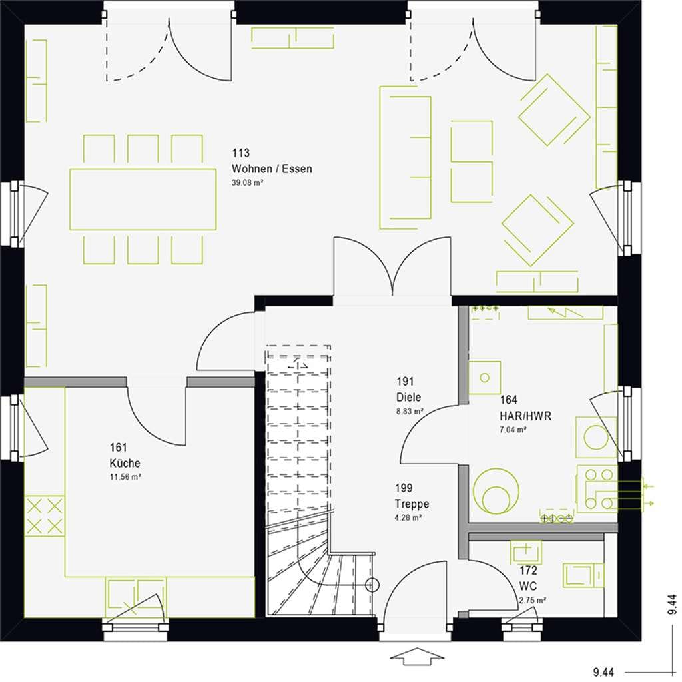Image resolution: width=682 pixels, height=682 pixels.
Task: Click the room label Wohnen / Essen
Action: click(272, 169)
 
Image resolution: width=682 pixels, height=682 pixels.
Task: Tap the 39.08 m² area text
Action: click(248, 183)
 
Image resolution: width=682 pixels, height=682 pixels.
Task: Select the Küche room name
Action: click(125, 463)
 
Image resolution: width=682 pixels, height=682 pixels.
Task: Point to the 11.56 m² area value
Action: click(125, 477)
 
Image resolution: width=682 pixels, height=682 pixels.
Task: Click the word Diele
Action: click(408, 397)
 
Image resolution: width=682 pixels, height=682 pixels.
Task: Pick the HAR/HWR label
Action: click(525, 416)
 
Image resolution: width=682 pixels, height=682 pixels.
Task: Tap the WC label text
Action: click(528, 586)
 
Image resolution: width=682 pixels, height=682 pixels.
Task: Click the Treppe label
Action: click(412, 504)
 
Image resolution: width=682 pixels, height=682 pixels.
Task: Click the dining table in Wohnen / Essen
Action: click(143, 199)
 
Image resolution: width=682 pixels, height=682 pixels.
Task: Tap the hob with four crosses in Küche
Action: click(45, 516)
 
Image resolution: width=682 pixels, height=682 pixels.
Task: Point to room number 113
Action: click(240, 153)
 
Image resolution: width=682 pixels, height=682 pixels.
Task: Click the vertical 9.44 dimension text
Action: click(672, 604)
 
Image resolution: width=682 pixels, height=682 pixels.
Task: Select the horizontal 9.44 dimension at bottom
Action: click(603, 673)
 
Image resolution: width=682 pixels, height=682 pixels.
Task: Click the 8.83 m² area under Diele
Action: click(410, 411)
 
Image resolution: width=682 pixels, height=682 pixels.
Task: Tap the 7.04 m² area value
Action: click(513, 430)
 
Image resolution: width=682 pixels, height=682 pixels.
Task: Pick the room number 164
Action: click(508, 400)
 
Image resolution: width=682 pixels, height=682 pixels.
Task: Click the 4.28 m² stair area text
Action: click(408, 517)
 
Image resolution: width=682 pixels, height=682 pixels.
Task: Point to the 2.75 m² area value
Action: click(533, 600)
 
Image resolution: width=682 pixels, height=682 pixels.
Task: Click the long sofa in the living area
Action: click(406, 157)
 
